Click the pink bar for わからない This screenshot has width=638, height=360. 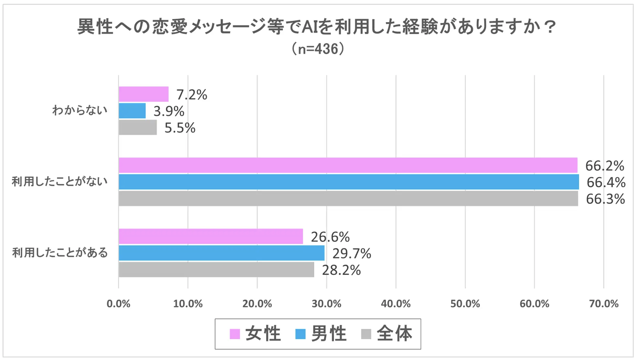coord(144,94)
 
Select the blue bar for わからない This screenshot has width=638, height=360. coord(132,111)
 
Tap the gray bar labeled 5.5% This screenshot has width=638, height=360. coord(138,128)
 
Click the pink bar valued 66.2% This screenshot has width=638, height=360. coord(348,165)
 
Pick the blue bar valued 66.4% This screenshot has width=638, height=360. coord(349,182)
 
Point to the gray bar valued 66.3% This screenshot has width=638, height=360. coord(348,199)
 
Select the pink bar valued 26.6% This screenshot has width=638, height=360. coord(211,236)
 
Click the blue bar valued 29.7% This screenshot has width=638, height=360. coord(222,253)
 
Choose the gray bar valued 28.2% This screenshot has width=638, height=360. coord(216,270)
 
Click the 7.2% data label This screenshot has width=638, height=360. coord(192,94)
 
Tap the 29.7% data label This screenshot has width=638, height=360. coord(352,254)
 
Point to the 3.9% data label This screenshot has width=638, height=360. coord(169,111)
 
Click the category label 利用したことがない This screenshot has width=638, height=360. coord(60,182)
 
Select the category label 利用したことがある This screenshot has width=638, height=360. coord(60,253)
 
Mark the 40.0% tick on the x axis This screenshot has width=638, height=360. coord(396,304)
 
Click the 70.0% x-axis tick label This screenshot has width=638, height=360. coord(604,304)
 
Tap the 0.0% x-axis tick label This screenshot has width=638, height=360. coord(119,304)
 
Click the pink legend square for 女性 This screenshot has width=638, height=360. coord(235,334)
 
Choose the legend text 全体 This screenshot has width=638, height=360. coord(395,334)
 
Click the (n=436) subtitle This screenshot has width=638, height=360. coord(318,49)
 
